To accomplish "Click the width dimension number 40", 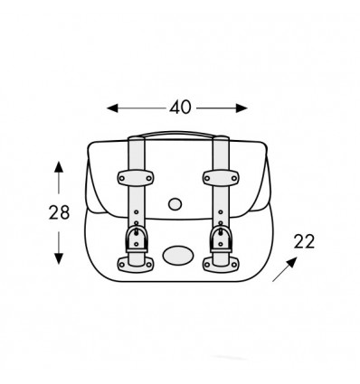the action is tap(180, 108).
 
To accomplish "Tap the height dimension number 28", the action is tap(59, 212).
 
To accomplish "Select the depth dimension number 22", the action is tap(304, 241).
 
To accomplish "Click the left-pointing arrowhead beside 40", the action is tap(112, 108).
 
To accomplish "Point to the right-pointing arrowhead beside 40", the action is tap(242, 108).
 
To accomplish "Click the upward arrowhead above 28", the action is tap(59, 167).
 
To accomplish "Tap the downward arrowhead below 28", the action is tap(59, 258).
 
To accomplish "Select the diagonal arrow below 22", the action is tap(285, 269).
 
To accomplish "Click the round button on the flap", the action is tap(175, 204).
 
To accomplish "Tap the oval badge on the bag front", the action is tap(178, 256).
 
